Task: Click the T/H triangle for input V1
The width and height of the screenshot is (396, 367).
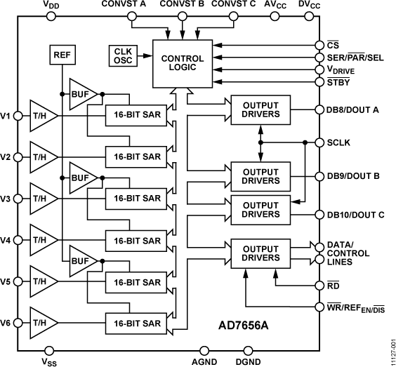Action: [x=42, y=114]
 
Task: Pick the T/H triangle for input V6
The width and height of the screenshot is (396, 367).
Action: [x=42, y=322]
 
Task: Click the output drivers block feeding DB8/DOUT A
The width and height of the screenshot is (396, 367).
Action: [x=260, y=109]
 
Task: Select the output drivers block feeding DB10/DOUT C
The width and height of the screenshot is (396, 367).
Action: [x=260, y=210]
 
